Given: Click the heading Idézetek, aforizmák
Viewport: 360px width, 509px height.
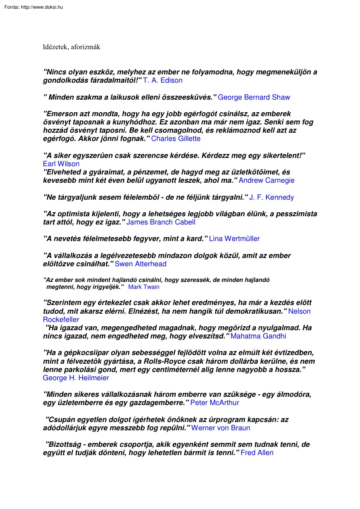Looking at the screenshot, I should (71, 47).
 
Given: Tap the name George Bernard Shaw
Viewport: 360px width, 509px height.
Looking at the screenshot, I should (254, 97).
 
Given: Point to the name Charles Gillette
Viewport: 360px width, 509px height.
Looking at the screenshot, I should (176, 139).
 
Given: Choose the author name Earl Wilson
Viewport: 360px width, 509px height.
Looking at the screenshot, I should (61, 164).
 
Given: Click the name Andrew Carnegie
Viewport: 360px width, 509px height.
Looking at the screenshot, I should (266, 181).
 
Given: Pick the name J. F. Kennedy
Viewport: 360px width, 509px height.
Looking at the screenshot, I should (272, 198).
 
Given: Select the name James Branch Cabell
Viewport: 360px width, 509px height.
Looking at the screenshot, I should (161, 222).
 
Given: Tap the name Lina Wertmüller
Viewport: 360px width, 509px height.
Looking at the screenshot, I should (234, 239).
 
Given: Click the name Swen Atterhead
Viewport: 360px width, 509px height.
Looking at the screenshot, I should (140, 264).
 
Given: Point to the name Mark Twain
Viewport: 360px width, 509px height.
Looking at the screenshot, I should (144, 287).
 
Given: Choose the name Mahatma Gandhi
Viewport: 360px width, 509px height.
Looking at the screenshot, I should (258, 336).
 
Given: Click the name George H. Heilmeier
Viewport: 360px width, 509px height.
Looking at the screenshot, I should (76, 378).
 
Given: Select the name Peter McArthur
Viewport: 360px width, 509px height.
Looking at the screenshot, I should (215, 403).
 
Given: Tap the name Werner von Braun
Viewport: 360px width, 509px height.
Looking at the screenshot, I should (221, 428).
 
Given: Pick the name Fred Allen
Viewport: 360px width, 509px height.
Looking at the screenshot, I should (257, 453).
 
